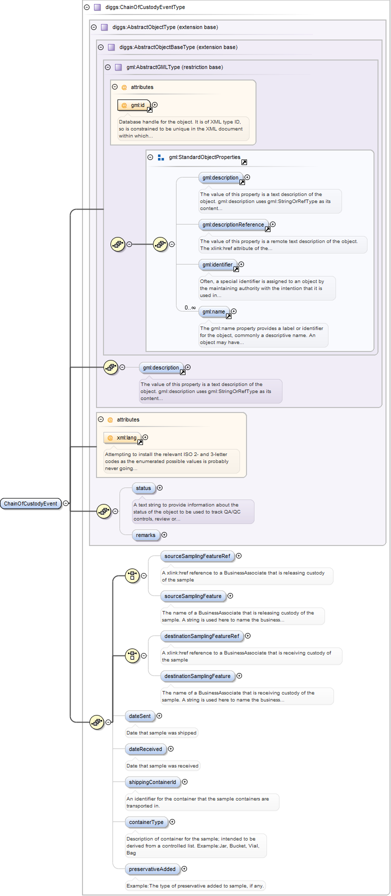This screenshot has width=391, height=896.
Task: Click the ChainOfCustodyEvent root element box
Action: pos(30,503)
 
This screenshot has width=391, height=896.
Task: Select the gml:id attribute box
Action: pos(134,105)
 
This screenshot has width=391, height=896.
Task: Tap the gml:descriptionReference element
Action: pos(233,224)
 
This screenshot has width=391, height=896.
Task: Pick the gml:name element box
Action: pos(213,311)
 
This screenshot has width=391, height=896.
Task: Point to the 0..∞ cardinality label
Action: pos(190,307)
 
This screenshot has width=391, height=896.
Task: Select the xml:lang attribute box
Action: pos(122,437)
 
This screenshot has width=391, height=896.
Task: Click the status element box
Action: pos(143,488)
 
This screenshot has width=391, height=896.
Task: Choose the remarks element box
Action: pos(145,535)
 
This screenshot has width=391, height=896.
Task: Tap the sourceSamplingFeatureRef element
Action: pos(197,556)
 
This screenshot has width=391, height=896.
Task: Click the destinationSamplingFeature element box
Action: pos(197,676)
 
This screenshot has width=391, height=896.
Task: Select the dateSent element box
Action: pos(139,716)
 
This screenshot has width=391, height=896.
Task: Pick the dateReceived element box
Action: pos(145,749)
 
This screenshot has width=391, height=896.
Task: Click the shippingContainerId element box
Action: pos(152,782)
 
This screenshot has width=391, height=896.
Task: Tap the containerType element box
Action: pos(146,822)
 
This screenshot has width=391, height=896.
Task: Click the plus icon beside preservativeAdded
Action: pos(184,869)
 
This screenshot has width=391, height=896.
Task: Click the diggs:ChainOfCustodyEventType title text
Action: pos(145,7)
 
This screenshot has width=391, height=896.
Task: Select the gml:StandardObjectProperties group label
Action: pos(204,157)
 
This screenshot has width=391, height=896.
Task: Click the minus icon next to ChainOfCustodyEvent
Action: pos(66,503)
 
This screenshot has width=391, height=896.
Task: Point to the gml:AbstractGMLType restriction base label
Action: pos(174,67)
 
